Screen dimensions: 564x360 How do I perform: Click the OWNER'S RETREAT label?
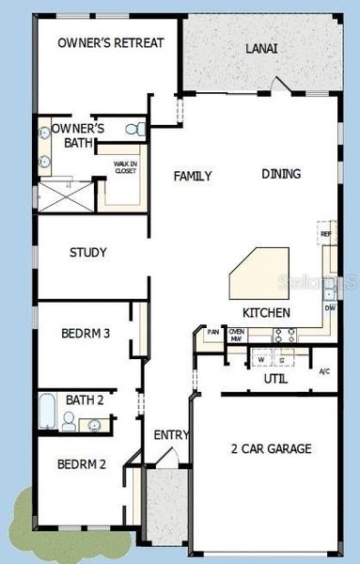click(111, 42)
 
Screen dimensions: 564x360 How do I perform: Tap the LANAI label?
click(261, 48)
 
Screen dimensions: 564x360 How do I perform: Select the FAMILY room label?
click(193, 176)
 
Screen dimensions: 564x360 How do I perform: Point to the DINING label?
click(281, 174)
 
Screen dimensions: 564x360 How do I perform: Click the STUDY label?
click(87, 253)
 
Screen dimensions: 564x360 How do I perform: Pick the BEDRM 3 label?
click(86, 333)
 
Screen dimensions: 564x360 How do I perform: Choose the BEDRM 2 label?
click(81, 463)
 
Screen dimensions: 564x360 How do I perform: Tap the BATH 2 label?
click(85, 400)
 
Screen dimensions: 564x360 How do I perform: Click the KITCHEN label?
click(266, 313)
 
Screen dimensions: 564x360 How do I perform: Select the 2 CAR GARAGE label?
click(271, 449)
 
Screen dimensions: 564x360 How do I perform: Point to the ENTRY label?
click(171, 435)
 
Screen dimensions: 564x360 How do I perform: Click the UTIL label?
click(274, 379)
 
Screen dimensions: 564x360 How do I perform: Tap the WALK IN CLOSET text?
click(125, 166)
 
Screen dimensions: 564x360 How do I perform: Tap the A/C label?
click(325, 371)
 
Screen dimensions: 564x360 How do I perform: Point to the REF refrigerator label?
click(325, 234)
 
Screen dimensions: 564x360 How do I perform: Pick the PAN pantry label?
click(213, 332)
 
